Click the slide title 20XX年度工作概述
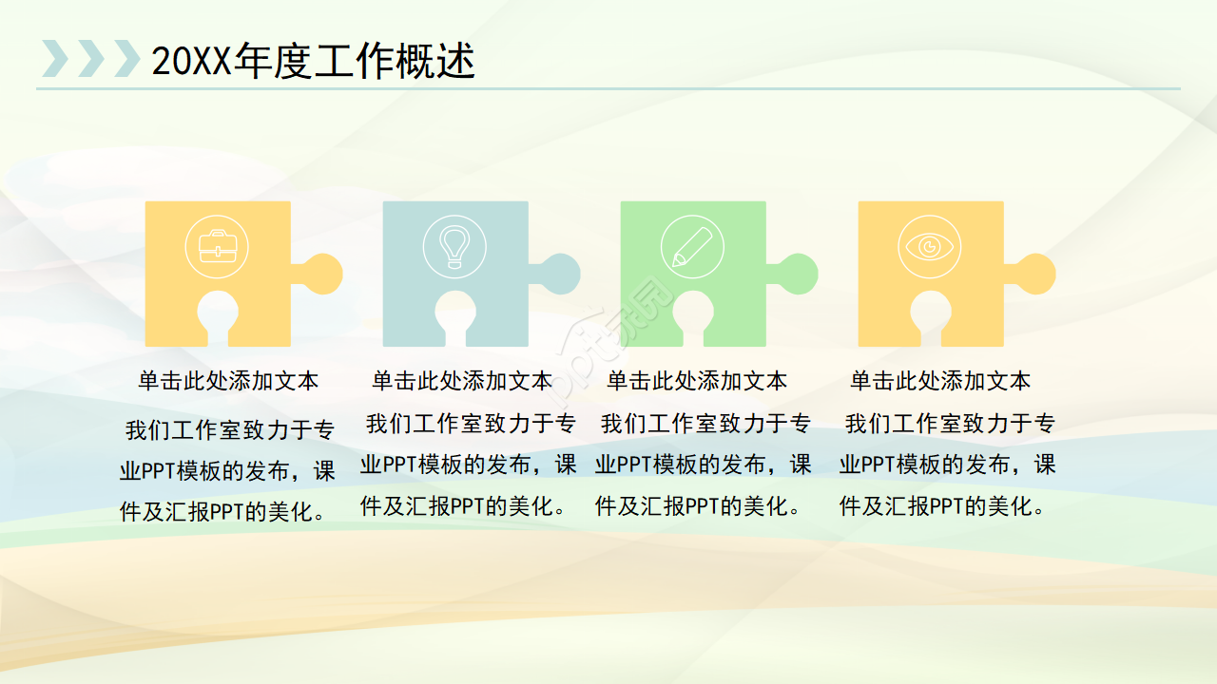(313, 62)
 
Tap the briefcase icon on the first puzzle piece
(217, 247)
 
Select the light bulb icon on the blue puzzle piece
(454, 247)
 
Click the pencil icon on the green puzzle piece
(691, 247)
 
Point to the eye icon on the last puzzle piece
(929, 247)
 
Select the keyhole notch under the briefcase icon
(217, 316)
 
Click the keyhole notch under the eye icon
(930, 316)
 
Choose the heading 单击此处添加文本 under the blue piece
(462, 381)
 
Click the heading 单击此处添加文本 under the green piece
(697, 381)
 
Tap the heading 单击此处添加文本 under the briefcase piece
(228, 381)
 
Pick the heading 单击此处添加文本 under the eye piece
(940, 381)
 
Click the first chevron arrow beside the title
(54, 59)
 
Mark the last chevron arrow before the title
(126, 59)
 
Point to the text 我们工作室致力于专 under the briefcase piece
(230, 430)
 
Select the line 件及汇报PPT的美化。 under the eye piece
(943, 506)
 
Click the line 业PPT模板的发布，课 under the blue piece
(469, 465)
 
